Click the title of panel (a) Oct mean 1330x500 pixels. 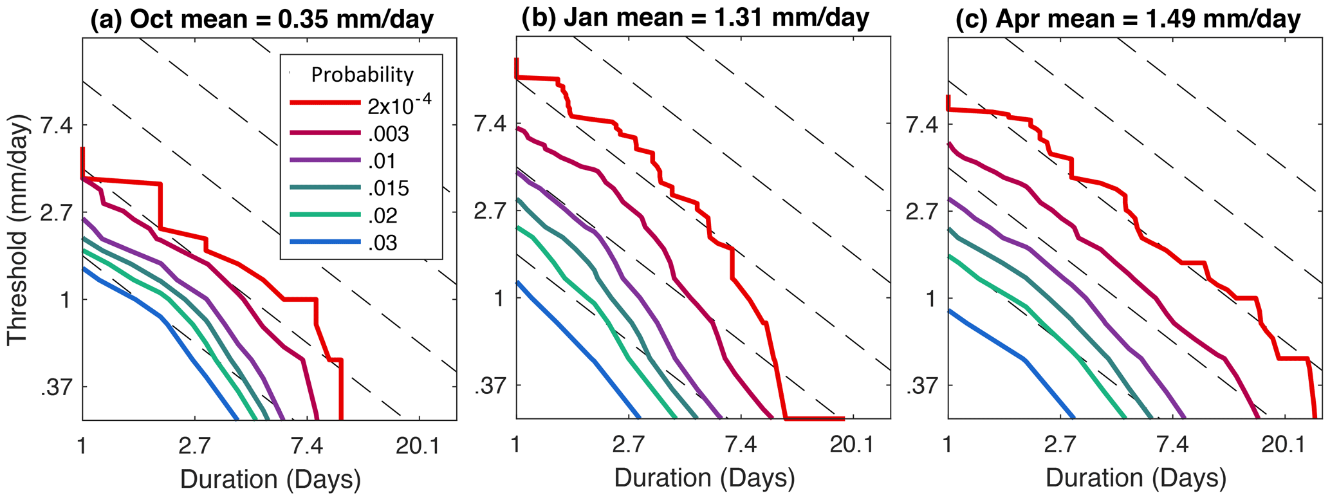point(262,19)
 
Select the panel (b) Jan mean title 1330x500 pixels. point(695,17)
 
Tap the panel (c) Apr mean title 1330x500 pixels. point(1128,19)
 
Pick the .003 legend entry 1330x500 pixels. point(389,134)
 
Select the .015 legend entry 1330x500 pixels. point(389,188)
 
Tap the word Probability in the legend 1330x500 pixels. point(362,75)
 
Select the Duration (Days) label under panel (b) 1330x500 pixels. point(705,478)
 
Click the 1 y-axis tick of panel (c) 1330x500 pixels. point(930,299)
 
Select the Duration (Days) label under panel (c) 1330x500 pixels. point(1136,478)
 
